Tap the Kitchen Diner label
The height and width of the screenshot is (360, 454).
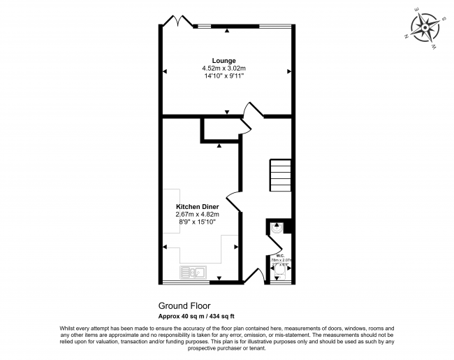198,207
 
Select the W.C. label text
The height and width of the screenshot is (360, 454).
279,255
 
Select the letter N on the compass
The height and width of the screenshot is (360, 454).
407,35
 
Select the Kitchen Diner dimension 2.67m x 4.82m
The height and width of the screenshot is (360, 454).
198,215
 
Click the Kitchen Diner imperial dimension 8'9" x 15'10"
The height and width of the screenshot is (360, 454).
198,222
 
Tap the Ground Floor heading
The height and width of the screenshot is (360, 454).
184,305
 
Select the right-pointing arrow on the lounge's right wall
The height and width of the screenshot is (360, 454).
288,71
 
